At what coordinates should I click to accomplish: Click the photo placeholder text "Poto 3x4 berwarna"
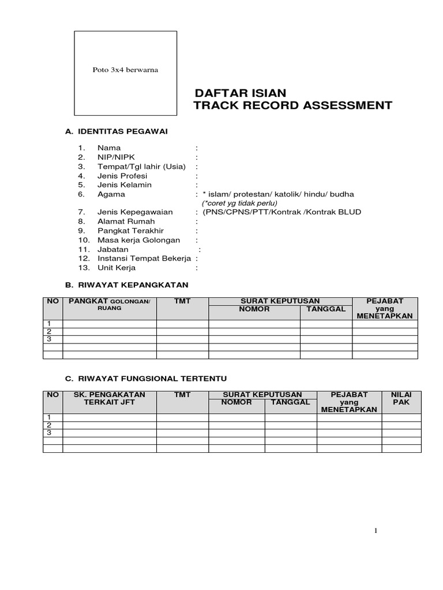tap(125, 70)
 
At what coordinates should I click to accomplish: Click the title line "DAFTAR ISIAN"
tap(240, 93)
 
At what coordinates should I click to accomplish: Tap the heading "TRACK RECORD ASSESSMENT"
tap(293, 105)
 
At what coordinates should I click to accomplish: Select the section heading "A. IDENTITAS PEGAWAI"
tap(116, 131)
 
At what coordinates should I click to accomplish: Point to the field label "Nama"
tap(109, 148)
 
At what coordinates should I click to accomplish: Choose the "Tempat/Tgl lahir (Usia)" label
tap(141, 167)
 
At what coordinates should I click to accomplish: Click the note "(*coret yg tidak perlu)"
tap(239, 203)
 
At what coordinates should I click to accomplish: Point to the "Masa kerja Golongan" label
tap(138, 240)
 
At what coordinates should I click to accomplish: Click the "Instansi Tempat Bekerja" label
tap(144, 259)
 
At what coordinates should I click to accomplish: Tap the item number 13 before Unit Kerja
tap(84, 268)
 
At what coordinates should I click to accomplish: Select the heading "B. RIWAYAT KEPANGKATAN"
tap(127, 285)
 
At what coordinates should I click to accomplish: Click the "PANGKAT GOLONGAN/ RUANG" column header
tap(110, 304)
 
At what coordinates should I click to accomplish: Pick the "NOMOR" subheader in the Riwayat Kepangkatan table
tap(254, 309)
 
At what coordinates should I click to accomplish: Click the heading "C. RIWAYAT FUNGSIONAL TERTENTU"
tap(146, 379)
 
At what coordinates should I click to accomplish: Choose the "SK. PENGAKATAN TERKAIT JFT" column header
tap(110, 398)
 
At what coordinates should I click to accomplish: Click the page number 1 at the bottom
tap(376, 531)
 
